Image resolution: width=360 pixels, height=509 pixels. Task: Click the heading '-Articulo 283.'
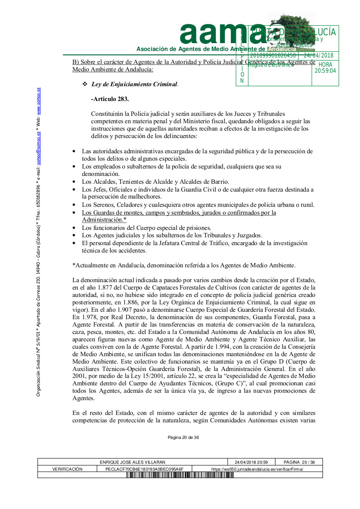[110, 99]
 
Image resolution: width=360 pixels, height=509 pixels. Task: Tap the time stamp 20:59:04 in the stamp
[325, 71]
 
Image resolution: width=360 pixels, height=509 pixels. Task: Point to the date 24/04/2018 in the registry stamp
[318, 55]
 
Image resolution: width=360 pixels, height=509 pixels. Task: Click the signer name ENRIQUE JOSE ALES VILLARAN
[133, 462]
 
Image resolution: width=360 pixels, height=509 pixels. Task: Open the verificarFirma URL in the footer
[257, 469]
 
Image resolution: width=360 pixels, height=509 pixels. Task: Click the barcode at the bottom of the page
[180, 475]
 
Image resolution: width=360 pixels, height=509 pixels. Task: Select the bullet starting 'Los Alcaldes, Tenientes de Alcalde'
[155, 182]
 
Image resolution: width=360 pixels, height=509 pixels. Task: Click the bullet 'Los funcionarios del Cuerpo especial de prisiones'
[146, 228]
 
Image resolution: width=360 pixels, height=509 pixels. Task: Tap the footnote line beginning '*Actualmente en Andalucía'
[184, 265]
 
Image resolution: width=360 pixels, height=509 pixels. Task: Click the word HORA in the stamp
[325, 64]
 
